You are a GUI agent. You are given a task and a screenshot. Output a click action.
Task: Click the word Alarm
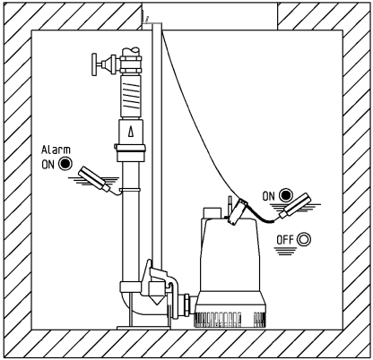point(56,150)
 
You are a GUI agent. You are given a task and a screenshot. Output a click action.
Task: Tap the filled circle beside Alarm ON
point(65,164)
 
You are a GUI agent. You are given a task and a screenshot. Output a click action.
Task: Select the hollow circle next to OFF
point(304,239)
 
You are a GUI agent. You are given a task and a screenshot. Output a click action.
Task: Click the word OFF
point(285,240)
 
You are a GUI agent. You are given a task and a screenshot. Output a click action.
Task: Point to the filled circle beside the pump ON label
point(286,195)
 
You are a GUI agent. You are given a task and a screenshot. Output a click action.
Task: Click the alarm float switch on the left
point(95,178)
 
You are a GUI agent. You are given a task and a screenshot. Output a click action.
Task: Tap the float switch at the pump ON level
point(294,205)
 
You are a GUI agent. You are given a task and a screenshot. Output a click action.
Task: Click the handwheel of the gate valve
point(94,64)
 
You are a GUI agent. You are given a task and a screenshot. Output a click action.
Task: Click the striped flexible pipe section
point(131,97)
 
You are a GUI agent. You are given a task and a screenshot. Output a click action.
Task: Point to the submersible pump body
point(230,262)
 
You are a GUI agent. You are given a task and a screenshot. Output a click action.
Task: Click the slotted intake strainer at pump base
point(230,320)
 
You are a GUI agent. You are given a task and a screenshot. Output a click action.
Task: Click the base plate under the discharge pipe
point(143,328)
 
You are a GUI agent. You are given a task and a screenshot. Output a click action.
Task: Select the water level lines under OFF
point(286,252)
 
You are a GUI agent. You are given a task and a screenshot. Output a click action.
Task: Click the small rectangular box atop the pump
point(212,213)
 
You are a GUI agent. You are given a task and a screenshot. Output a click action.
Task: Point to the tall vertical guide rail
point(157,150)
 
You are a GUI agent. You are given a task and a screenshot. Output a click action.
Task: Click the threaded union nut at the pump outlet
point(186,304)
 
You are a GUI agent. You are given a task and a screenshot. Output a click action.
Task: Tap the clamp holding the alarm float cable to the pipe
point(130,190)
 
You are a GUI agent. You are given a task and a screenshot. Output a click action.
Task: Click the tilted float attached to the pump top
point(237,212)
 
